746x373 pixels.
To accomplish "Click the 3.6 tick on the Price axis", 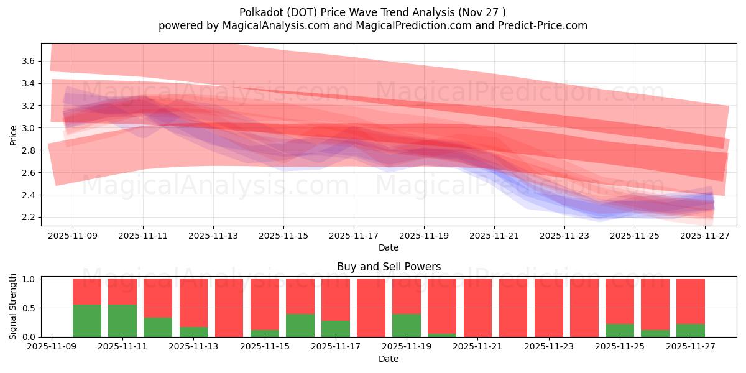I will click(28, 61).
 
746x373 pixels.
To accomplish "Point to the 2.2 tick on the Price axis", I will click(28, 218).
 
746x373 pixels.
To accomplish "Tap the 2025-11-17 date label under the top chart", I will click(354, 236).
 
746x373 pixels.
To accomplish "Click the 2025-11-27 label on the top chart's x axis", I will click(705, 236).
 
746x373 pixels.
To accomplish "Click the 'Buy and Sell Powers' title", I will click(389, 267).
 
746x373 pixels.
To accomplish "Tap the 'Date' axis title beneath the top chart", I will click(389, 247).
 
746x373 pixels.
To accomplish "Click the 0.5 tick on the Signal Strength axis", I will click(28, 308).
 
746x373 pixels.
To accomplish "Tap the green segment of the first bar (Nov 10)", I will click(87, 321).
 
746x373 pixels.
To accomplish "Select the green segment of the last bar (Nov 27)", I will click(690, 331).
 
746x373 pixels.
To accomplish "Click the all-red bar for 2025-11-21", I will click(477, 308).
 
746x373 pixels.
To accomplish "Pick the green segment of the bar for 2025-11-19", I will click(407, 325).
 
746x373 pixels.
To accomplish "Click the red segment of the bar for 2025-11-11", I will click(122, 291).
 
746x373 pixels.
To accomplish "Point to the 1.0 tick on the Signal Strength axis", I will click(28, 279).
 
